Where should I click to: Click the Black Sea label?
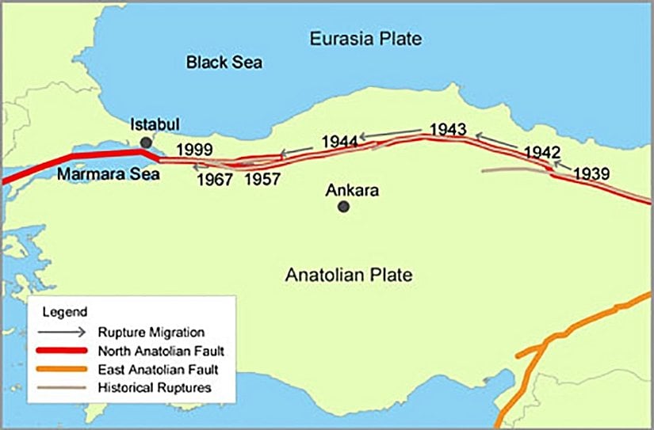coord(224,62)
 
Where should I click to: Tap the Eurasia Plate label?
coord(365,39)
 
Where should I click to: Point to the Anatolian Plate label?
coord(349,276)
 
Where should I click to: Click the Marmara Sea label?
coord(109,175)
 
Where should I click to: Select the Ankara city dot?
coord(343,207)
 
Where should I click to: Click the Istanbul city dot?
coord(144,143)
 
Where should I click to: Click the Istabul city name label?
coord(155,125)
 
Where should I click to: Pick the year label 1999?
coord(194,149)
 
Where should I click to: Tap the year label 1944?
coord(341,143)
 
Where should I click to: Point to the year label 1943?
coord(447,129)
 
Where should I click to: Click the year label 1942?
coord(543,152)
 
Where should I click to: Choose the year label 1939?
coord(592,173)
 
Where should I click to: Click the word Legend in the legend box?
coord(59,310)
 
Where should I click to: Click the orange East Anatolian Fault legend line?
coord(63,369)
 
